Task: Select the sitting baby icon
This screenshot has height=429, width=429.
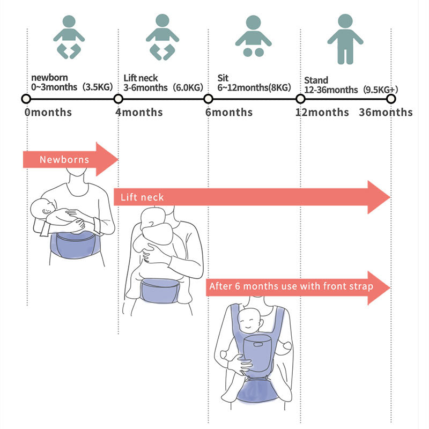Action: [253, 36]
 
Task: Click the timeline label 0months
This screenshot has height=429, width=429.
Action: [48, 113]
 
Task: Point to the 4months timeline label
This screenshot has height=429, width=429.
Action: [139, 113]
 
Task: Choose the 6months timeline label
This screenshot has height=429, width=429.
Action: [228, 113]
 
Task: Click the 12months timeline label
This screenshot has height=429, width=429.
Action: [322, 113]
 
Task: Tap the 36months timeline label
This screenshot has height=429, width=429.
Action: [386, 113]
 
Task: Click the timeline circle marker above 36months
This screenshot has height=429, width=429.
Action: [391, 99]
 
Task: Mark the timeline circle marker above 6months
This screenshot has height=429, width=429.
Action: [208, 99]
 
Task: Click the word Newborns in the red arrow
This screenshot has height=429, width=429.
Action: [64, 160]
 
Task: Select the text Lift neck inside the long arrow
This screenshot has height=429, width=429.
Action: [142, 197]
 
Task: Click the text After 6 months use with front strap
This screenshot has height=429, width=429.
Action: [291, 286]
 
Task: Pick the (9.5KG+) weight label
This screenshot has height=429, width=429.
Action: [380, 90]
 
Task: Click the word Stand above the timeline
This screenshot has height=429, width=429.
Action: [316, 80]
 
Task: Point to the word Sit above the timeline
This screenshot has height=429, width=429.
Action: [223, 78]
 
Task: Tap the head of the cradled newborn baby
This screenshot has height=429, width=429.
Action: [41, 208]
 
